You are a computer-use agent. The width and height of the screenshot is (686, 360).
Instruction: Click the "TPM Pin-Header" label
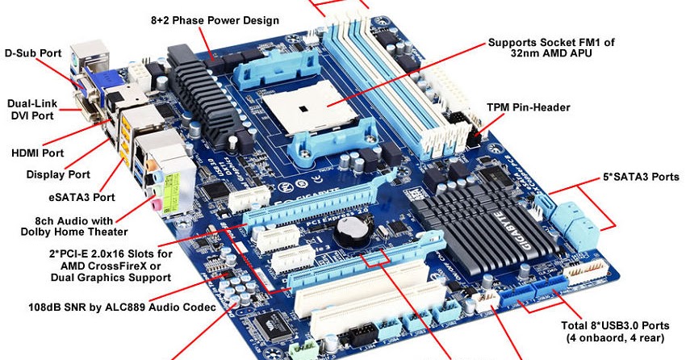[528, 107]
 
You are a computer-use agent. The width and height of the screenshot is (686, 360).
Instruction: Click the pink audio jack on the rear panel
[153, 204]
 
